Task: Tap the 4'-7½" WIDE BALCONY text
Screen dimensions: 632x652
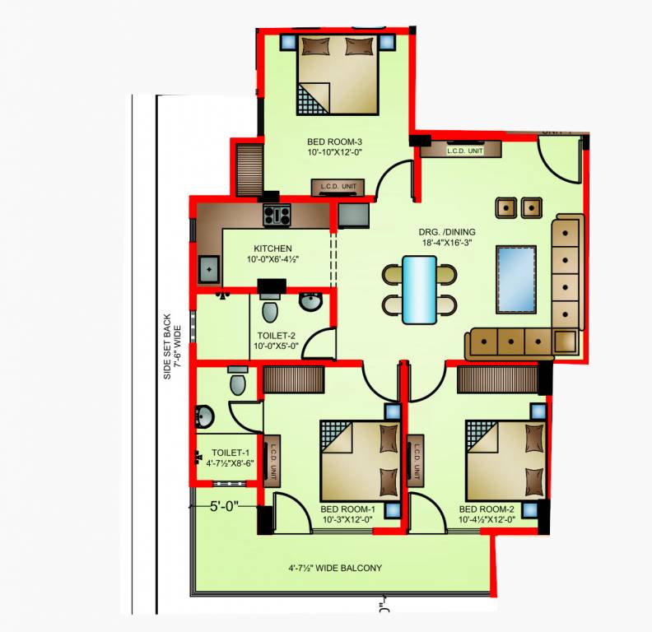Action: pyautogui.click(x=335, y=568)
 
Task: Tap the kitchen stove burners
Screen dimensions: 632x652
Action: pyautogui.click(x=277, y=216)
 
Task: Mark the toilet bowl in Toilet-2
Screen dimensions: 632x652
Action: pyautogui.click(x=268, y=311)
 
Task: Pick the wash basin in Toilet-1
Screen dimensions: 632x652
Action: pyautogui.click(x=205, y=416)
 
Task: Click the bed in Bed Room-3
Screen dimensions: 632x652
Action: pyautogui.click(x=338, y=74)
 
